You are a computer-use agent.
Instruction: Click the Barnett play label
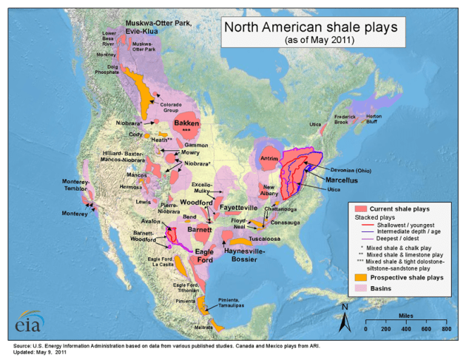click(200, 230)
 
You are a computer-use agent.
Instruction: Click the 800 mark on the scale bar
click(446, 327)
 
